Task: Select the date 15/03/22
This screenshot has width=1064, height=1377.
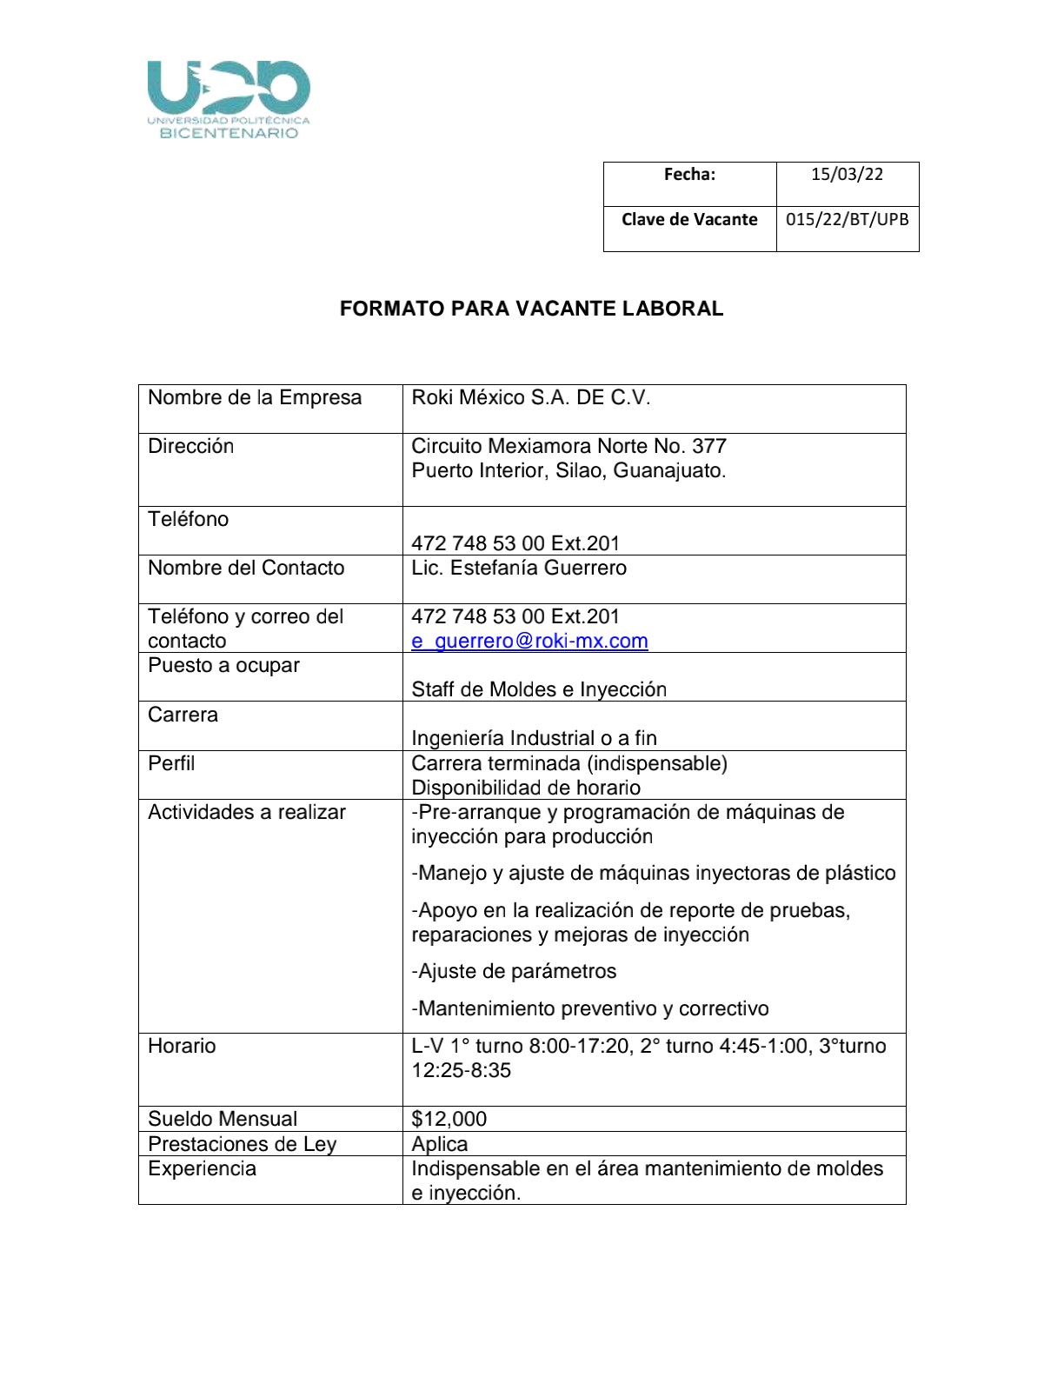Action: [847, 174]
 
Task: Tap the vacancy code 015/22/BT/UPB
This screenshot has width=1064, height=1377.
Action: [847, 219]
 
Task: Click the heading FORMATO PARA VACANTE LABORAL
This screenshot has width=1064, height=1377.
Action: [531, 309]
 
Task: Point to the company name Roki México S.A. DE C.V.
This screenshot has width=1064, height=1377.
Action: [530, 398]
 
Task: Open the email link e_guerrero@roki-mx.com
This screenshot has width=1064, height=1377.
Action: [529, 642]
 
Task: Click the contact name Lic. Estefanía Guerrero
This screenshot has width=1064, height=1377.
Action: [519, 569]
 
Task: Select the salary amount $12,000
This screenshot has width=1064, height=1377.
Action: [449, 1119]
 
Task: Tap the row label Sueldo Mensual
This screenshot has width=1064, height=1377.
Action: [223, 1119]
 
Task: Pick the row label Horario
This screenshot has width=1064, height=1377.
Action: [182, 1046]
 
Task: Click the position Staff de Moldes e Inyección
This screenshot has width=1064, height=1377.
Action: [539, 690]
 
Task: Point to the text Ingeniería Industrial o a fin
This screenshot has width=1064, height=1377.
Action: [534, 739]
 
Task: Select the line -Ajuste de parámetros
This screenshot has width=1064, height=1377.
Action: [514, 972]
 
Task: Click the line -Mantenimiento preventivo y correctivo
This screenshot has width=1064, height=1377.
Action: [590, 1009]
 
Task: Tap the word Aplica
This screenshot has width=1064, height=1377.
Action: [440, 1144]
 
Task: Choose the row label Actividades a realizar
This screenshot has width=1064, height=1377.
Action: [247, 813]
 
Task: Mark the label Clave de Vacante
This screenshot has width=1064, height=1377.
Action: [689, 219]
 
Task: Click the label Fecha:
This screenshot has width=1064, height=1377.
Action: [689, 174]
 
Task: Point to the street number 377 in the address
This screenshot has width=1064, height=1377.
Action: [708, 447]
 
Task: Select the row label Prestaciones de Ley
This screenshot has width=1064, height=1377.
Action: [242, 1144]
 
